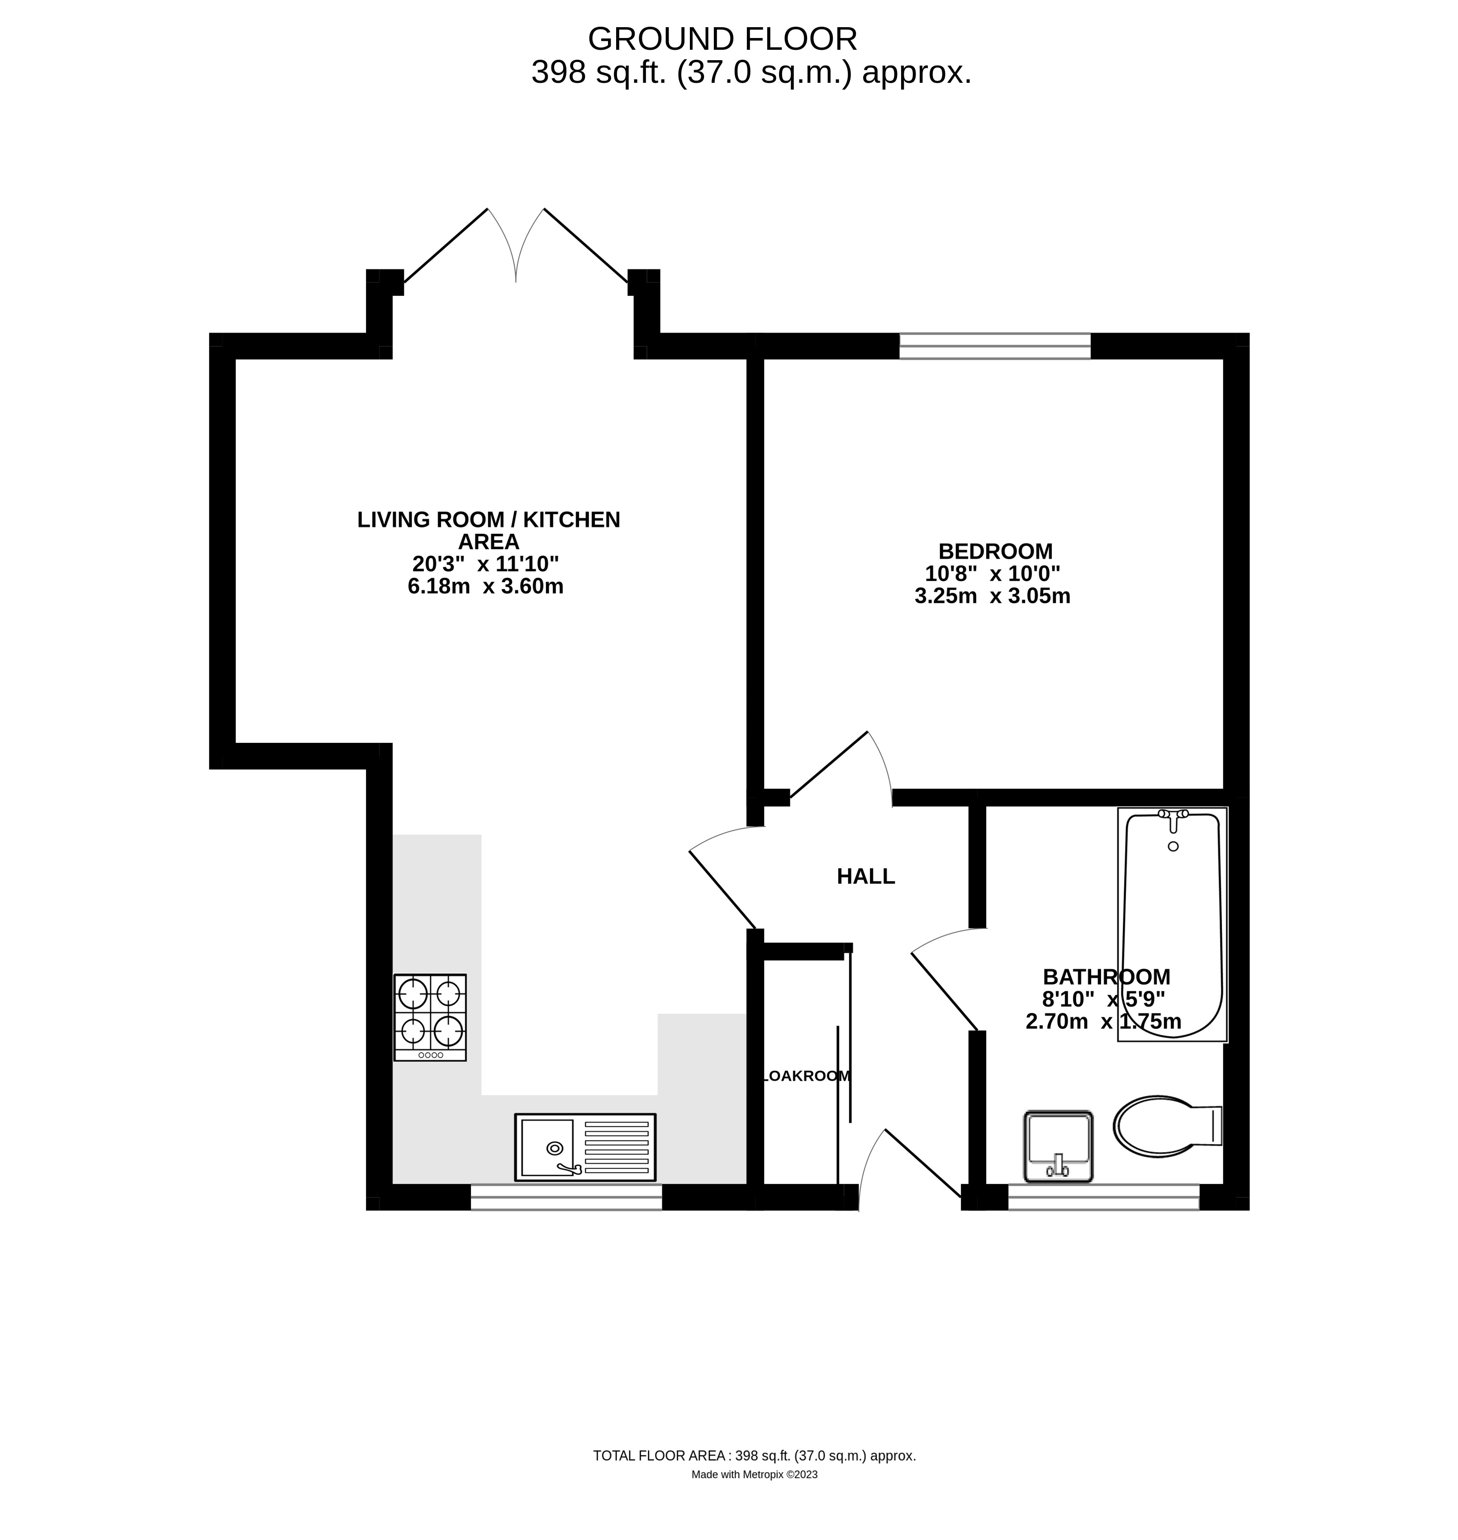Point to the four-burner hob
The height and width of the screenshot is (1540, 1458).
(430, 1017)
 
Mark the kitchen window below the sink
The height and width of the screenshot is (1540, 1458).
(566, 1198)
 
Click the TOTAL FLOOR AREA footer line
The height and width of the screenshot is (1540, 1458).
(754, 1456)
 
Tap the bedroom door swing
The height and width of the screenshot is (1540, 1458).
(839, 766)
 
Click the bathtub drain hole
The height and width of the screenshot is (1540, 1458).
(1173, 846)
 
